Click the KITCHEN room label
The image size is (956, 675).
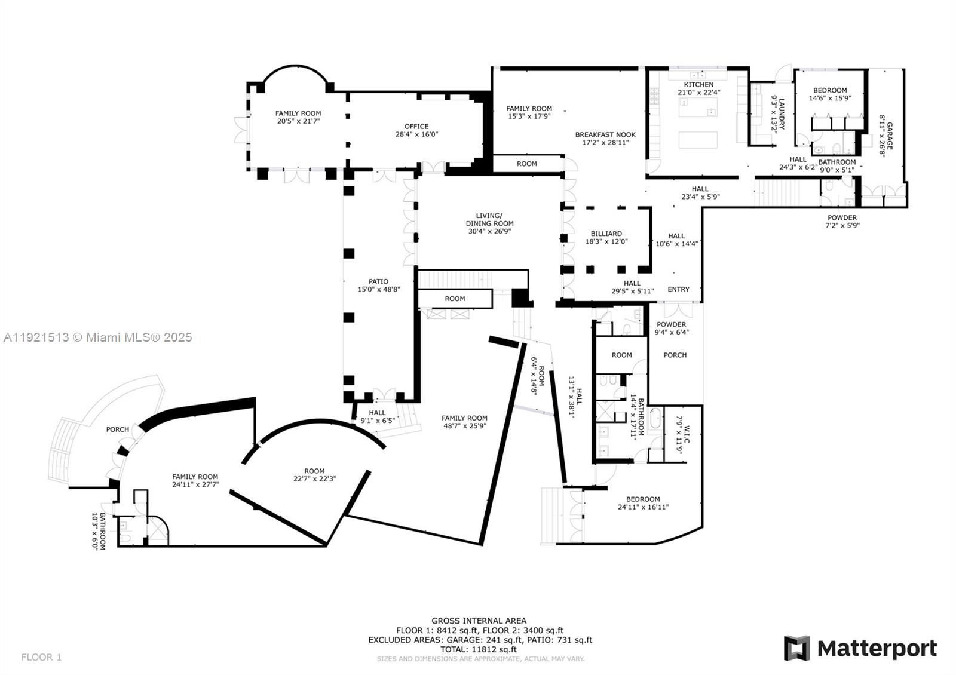(x=698, y=85)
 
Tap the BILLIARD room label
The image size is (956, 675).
(x=606, y=234)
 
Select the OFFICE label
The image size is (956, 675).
(x=416, y=126)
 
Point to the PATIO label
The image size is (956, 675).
(x=378, y=281)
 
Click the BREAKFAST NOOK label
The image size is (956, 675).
(x=605, y=135)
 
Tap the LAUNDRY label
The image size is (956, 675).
(x=781, y=113)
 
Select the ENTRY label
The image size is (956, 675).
(x=678, y=289)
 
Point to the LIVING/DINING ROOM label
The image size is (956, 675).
(x=489, y=219)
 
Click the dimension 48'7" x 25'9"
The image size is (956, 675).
(x=464, y=426)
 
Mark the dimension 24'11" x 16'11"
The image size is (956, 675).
(x=643, y=507)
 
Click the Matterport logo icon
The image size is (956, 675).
(x=796, y=648)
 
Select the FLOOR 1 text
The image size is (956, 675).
(x=41, y=657)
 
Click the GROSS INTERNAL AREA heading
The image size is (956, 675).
(x=479, y=621)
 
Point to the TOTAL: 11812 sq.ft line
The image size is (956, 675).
(x=479, y=649)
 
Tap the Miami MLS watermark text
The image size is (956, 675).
(x=98, y=337)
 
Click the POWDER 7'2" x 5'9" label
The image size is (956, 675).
(x=842, y=221)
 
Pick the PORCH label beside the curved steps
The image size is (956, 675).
(x=118, y=429)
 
